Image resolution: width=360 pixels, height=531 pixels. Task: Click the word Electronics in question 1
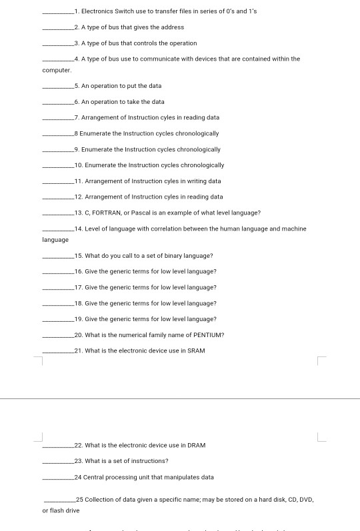95,11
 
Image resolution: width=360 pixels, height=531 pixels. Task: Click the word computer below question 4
57,70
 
